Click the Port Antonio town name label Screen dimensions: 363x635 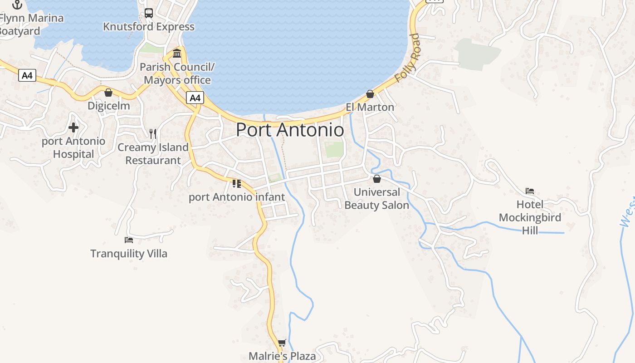click(290, 130)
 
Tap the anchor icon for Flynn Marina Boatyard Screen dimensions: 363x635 click(17, 5)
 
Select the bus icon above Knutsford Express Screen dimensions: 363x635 click(149, 13)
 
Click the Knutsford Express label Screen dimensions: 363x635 click(149, 27)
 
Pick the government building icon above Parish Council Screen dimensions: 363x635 click(177, 53)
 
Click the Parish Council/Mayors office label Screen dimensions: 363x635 click(177, 74)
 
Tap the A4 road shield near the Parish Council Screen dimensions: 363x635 click(195, 98)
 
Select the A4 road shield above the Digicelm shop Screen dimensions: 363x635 click(27, 75)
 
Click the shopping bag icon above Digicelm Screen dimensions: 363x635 click(108, 93)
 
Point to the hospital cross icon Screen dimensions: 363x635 click(73, 128)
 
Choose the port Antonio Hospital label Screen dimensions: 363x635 click(73, 147)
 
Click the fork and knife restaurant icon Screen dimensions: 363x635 click(153, 134)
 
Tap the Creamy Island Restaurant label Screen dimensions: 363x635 click(153, 154)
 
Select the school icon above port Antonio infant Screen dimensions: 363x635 click(236, 184)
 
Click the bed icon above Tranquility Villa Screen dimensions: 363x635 click(129, 240)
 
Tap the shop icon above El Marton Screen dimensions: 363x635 click(370, 94)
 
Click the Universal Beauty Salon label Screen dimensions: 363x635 click(376, 199)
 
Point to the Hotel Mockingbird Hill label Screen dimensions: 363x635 click(530, 217)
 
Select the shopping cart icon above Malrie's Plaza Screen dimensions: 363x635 click(282, 343)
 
